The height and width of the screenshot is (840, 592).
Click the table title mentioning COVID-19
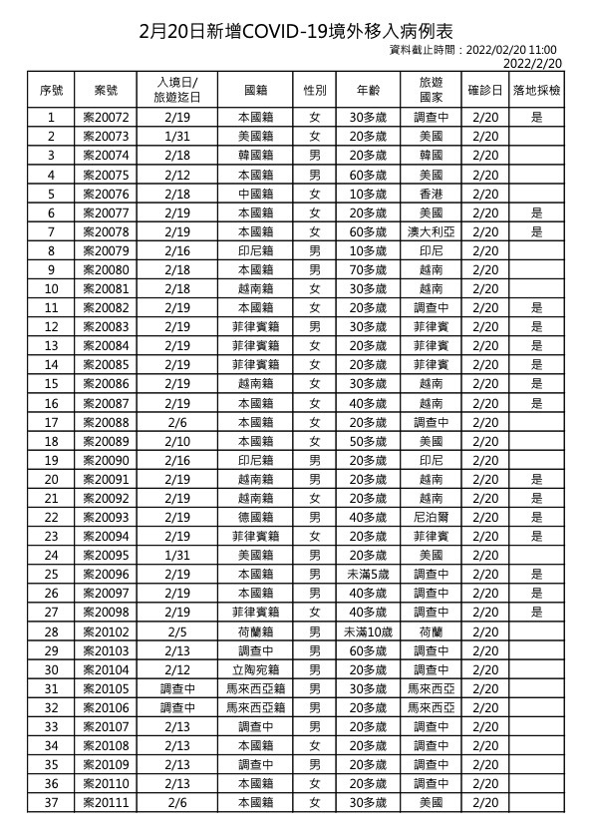coord(295,32)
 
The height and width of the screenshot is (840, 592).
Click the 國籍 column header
coord(254,90)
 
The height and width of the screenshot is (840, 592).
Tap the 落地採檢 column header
coord(536,90)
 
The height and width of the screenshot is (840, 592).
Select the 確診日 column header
coord(485,90)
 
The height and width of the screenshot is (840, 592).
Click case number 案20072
coord(106,118)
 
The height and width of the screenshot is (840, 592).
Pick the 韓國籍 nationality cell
coord(254,156)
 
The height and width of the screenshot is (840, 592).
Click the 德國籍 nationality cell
coord(254,517)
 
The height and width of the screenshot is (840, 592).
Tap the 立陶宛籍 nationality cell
coord(254,669)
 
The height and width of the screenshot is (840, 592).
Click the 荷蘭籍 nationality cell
coord(254,631)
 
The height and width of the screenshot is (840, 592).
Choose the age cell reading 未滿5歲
coord(366,575)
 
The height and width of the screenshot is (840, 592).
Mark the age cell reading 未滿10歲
coord(366,631)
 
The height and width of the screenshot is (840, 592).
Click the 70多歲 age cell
coord(366,269)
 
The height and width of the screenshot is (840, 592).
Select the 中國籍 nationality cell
coord(254,194)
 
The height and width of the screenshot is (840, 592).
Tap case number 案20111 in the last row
coord(106,802)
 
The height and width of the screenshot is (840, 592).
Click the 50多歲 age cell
coord(366,441)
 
